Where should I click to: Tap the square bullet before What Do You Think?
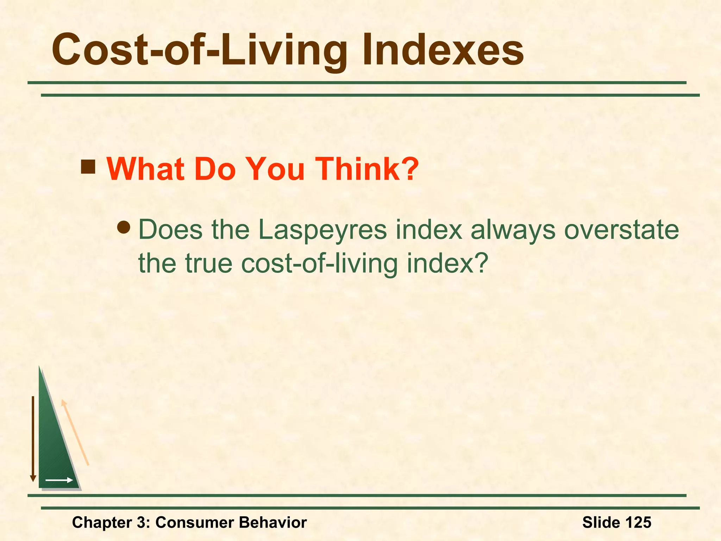tap(88, 167)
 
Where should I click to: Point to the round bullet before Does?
tap(124, 227)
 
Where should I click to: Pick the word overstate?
tap(621, 230)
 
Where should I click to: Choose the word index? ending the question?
tap(447, 263)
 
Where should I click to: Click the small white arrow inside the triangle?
tap(59, 480)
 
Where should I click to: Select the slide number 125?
tap(637, 522)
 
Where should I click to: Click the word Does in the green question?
tap(170, 230)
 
